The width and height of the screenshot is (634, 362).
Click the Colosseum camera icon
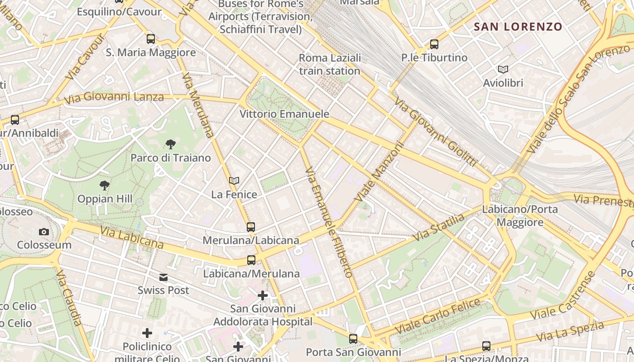[44, 232]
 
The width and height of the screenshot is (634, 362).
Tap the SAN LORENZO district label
[518, 27]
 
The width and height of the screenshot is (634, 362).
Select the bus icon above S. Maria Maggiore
[151, 39]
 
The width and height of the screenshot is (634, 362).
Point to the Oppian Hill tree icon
[105, 186]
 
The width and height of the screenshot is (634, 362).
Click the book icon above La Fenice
[234, 181]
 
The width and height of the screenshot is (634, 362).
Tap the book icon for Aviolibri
[503, 70]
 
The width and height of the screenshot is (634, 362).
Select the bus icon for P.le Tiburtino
[434, 44]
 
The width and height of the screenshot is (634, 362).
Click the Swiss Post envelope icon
[163, 277]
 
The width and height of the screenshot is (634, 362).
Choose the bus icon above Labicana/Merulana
[251, 260]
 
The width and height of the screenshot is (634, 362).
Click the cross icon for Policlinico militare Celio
[147, 333]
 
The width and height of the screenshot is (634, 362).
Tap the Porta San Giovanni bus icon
[353, 339]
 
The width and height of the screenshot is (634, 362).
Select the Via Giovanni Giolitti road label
[434, 131]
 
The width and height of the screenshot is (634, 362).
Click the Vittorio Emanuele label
[284, 114]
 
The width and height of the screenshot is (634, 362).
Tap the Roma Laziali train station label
[330, 65]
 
